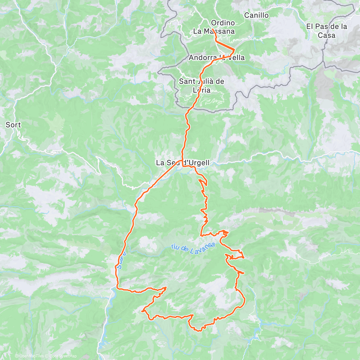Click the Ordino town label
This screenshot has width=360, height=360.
[223, 23]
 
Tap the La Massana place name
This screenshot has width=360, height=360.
[214, 31]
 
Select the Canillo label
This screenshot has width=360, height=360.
[256, 15]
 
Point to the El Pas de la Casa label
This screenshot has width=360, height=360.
[327, 31]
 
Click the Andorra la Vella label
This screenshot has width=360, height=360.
[217, 58]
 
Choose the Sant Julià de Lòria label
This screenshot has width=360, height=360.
[201, 85]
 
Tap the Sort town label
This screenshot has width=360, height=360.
[13, 125]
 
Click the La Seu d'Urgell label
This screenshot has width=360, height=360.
[182, 163]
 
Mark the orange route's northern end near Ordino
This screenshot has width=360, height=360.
[212, 29]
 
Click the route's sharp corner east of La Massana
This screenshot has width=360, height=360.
[234, 49]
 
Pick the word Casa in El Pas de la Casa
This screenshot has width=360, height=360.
[327, 35]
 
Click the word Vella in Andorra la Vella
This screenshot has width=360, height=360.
[236, 58]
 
